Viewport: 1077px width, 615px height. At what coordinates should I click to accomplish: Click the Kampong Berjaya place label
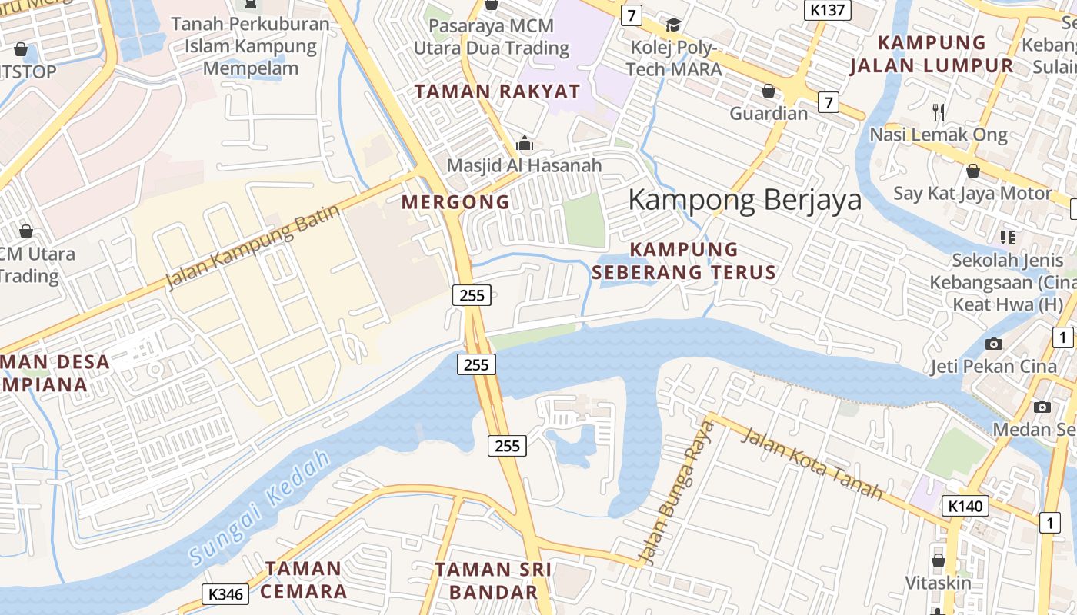tap(745, 200)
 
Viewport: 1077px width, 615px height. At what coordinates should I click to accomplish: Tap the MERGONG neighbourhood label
tap(455, 202)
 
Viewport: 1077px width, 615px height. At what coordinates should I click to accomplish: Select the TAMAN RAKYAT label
tap(497, 91)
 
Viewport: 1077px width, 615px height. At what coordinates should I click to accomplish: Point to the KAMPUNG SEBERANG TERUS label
tap(684, 261)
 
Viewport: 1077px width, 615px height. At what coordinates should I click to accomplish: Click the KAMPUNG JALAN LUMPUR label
tap(932, 54)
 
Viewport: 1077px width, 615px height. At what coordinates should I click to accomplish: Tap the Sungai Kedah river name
tap(260, 508)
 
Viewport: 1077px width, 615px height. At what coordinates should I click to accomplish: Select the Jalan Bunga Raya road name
tap(678, 492)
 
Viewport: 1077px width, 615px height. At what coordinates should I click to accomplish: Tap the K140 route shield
tap(965, 506)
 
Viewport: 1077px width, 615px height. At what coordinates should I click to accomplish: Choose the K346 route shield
tap(225, 593)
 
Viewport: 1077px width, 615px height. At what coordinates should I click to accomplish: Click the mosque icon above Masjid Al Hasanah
tap(525, 143)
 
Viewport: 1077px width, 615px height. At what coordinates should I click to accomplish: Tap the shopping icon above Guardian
tap(768, 91)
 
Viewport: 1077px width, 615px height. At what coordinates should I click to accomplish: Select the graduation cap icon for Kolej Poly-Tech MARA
tap(673, 25)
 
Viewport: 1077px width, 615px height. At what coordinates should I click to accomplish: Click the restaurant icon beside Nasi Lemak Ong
tap(938, 111)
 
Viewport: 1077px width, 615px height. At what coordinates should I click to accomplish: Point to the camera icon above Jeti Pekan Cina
tap(994, 344)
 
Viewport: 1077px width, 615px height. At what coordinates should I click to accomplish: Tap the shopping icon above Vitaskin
tap(938, 560)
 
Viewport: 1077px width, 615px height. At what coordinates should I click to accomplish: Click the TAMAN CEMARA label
tap(303, 580)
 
